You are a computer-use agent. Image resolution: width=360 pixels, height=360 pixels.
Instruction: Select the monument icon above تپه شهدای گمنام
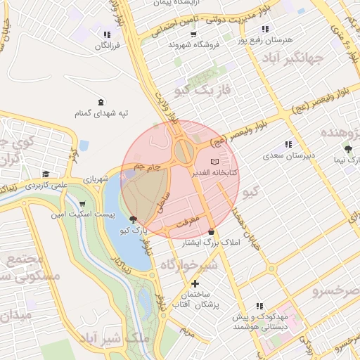tap(101, 102)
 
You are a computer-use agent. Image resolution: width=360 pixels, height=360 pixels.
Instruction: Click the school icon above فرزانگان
tap(106, 34)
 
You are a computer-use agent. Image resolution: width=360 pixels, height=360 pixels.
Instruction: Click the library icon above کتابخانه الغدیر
tap(214, 162)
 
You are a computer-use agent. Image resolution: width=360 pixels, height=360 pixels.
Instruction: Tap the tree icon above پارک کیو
tap(134, 220)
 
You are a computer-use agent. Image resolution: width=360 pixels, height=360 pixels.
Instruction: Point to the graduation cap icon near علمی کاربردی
tap(46, 174)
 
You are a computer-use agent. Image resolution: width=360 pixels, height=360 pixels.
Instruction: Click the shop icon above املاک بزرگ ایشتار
tap(211, 232)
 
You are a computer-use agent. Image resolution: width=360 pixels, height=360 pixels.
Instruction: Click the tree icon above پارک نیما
tap(348, 149)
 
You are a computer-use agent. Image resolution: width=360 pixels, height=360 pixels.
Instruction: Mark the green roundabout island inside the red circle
tap(185, 150)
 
